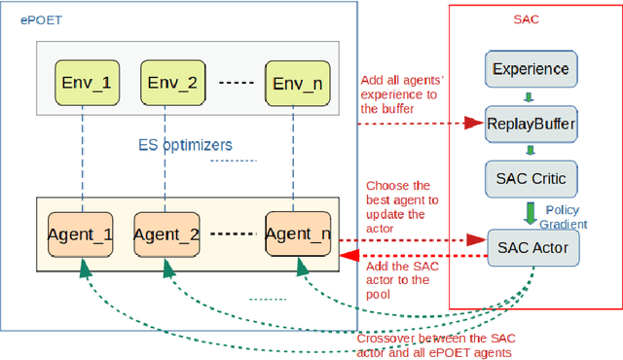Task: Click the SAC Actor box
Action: click(x=527, y=247)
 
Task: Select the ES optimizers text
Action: click(x=186, y=145)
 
